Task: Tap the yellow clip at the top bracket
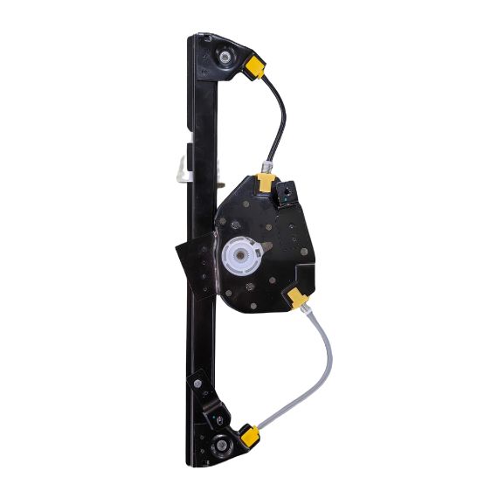256,66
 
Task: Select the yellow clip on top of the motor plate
265,182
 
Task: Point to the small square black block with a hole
286,191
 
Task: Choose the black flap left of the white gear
192,262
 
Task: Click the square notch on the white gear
244,256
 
